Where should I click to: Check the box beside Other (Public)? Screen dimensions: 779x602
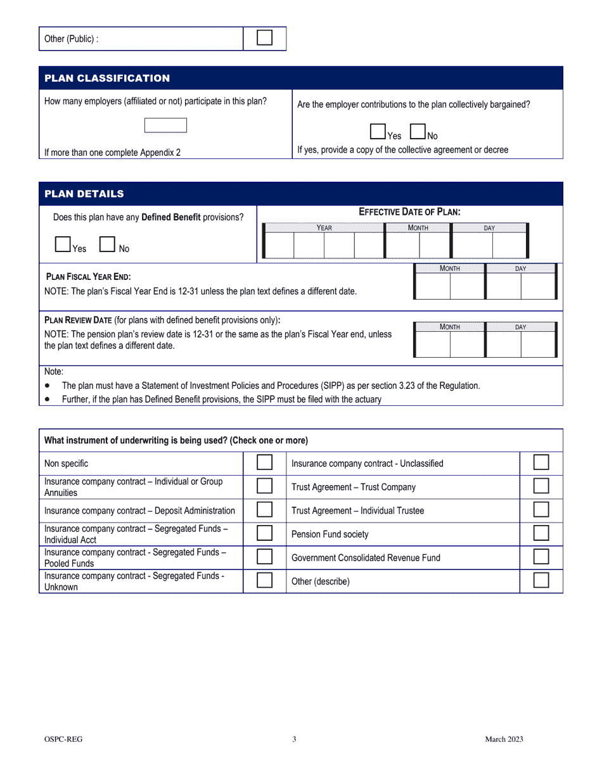click(264, 38)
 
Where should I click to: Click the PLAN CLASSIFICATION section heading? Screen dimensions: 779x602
click(107, 78)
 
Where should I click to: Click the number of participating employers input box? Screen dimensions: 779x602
click(165, 125)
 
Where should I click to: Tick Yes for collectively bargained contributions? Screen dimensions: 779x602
click(378, 131)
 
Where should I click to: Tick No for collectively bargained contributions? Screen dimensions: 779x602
click(418, 131)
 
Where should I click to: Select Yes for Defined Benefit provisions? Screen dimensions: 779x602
click(63, 244)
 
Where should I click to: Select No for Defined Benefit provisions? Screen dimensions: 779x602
click(107, 244)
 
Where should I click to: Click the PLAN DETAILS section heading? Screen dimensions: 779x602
click(84, 194)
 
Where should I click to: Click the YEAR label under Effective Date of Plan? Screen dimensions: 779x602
click(324, 228)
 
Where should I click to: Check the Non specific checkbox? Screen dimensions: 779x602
click(264, 462)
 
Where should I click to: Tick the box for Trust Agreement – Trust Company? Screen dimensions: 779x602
click(541, 486)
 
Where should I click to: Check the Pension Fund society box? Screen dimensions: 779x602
click(541, 533)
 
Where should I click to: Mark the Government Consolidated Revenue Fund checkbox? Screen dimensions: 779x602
click(541, 557)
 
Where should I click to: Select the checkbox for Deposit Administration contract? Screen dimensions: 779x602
click(264, 510)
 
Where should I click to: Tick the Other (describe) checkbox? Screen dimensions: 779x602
click(541, 580)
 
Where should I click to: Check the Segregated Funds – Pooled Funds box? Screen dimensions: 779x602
click(264, 557)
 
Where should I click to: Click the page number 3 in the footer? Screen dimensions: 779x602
click(294, 739)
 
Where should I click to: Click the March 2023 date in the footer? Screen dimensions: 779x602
click(504, 739)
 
